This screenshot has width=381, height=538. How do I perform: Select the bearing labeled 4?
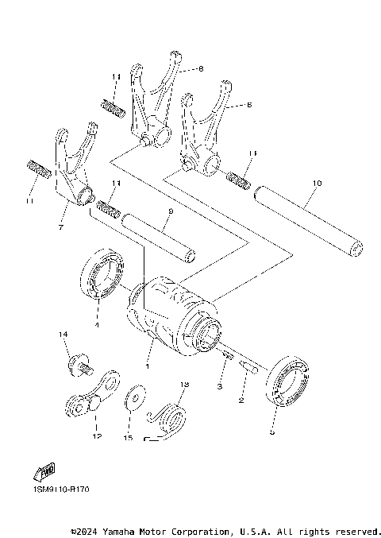pyautogui.click(x=103, y=275)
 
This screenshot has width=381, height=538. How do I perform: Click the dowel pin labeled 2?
pyautogui.click(x=248, y=367)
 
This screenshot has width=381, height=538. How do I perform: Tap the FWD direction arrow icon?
pyautogui.click(x=44, y=473)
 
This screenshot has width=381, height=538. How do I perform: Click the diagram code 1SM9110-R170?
pyautogui.click(x=61, y=490)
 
